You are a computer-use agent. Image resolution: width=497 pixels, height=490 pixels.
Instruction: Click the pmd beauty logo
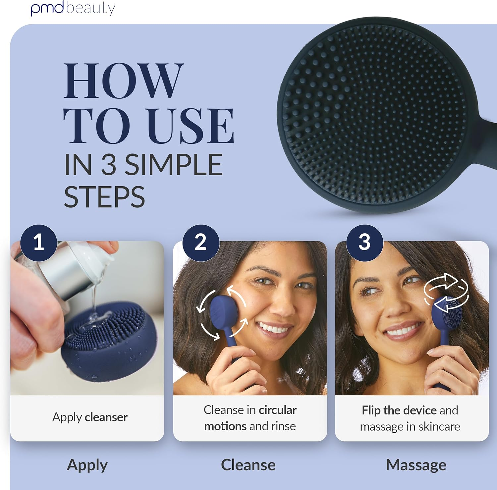tap(73, 8)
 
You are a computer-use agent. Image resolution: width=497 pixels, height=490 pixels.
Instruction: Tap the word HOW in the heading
tap(123, 81)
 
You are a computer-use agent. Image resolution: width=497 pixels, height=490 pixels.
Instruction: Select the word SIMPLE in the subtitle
tap(173, 165)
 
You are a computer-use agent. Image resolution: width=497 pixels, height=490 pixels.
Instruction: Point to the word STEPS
tap(104, 197)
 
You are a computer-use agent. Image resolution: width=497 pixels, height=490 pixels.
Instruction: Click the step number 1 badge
tap(38, 243)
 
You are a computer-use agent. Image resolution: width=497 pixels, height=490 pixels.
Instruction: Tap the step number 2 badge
tap(201, 243)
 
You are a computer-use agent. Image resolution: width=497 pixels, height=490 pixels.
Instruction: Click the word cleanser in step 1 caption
tap(106, 417)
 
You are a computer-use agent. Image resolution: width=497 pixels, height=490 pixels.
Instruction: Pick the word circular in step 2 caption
tap(278, 410)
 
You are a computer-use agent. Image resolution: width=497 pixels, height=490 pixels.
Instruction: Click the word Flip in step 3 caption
tap(371, 410)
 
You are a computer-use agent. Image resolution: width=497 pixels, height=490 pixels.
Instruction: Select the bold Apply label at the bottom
tap(87, 465)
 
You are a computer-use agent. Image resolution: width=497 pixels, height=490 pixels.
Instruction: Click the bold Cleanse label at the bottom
tap(248, 465)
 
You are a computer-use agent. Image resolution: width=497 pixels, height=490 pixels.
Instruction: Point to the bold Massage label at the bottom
tap(416, 465)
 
